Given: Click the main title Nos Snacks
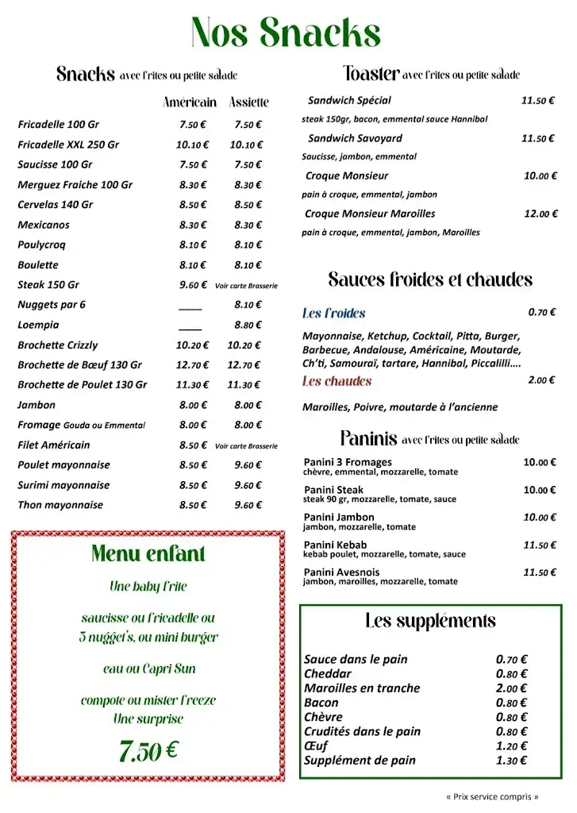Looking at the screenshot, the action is pos(286,33).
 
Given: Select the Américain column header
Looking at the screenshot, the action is pos(190,102).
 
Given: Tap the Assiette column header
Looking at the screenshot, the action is pos(249,102).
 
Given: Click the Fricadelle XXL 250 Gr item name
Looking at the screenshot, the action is pos(68,144).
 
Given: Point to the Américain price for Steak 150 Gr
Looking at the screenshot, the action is pos(193,284).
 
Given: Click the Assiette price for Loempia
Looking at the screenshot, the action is pos(248,325).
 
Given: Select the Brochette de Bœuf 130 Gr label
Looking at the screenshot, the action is pos(79,365).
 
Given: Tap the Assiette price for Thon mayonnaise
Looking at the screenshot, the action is pos(248,505).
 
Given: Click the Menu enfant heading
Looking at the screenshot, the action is pos(148,554).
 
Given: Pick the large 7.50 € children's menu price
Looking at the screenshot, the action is pos(148,749).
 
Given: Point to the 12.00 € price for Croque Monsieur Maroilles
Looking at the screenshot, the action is pos(540,214).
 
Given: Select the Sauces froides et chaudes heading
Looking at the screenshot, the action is pos(430,279).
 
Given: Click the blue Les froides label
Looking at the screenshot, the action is pos(333,314).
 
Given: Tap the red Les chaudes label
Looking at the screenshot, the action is pos(337,381).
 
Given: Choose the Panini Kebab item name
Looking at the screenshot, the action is pos(335,545).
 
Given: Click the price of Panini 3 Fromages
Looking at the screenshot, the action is pos(540,462).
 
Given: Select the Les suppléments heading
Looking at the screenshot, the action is pos(430,621).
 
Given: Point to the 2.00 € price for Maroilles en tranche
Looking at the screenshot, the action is pos(512,688).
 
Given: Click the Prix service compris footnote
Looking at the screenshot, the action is pos(492,796).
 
